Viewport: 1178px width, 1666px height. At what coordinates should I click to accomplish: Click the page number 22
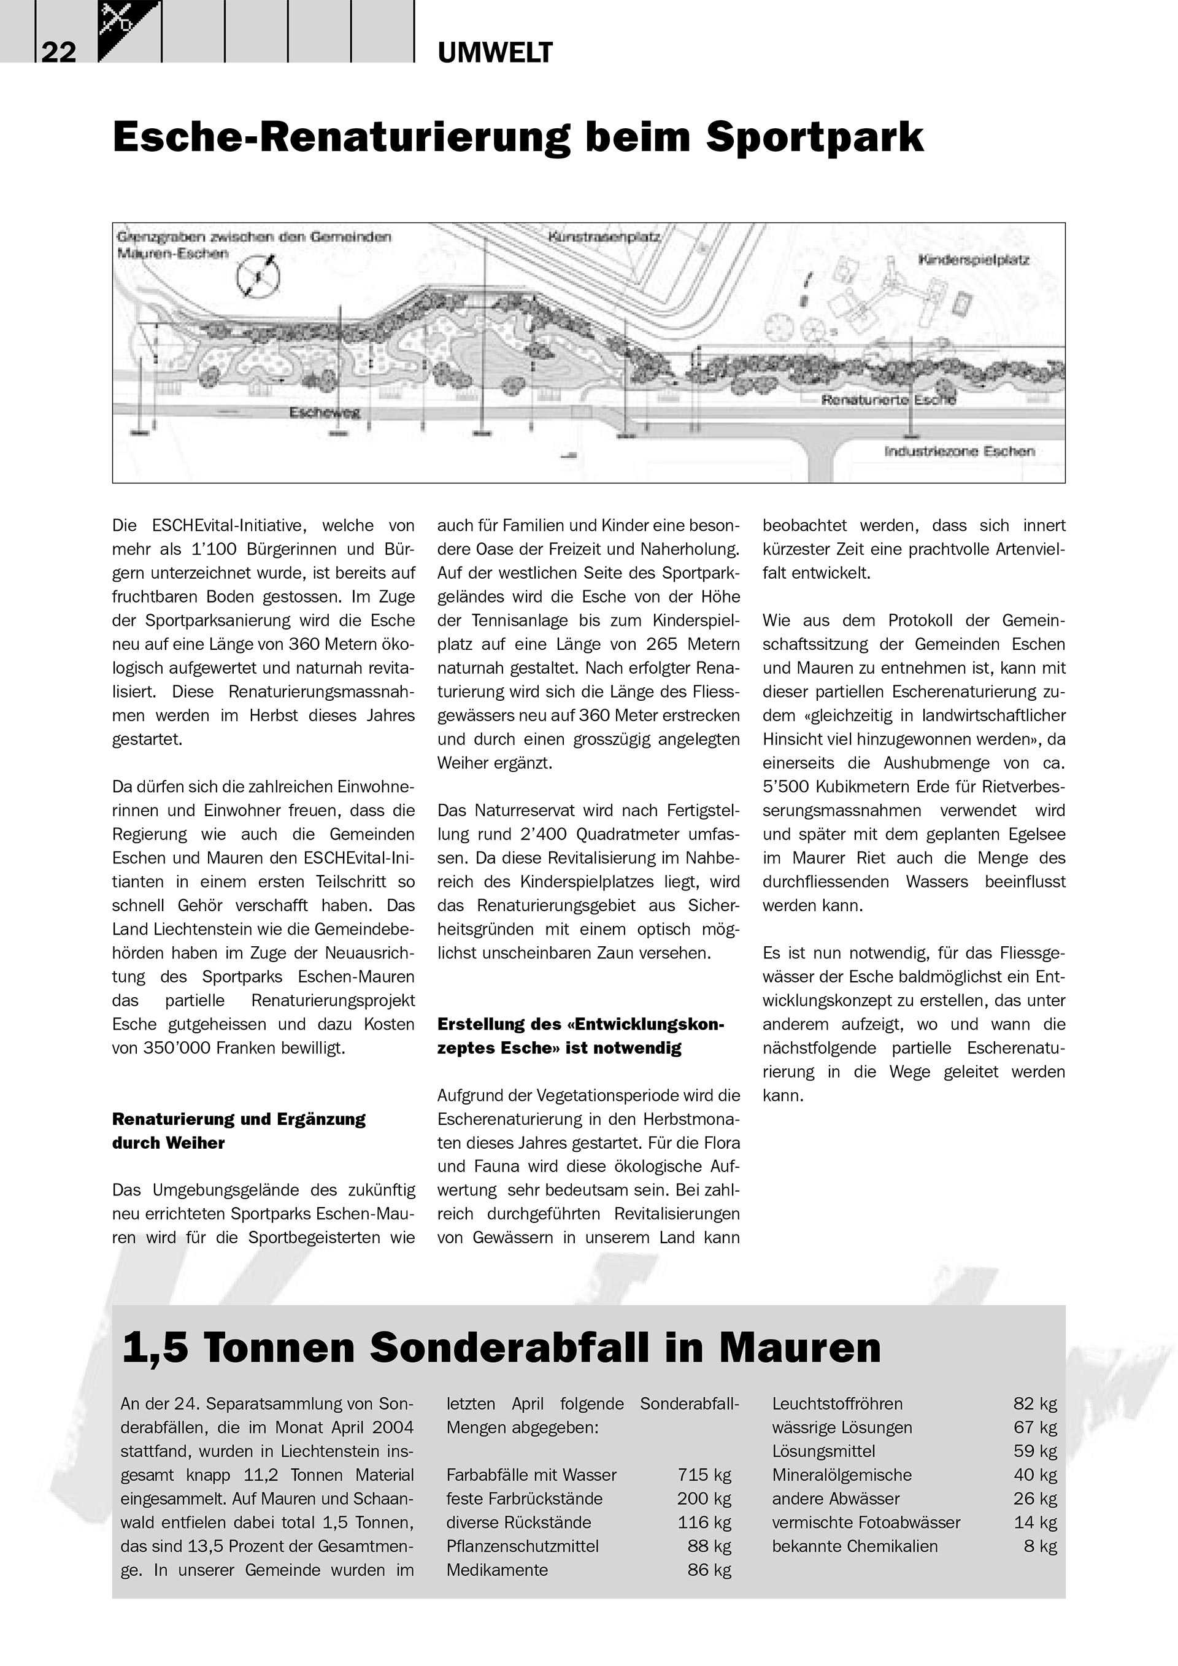pos(58,52)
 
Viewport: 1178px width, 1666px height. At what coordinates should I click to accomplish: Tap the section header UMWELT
pos(495,53)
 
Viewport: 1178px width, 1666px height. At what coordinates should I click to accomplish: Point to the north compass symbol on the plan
pos(258,277)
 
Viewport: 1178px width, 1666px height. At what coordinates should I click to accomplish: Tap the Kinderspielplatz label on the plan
pos(974,259)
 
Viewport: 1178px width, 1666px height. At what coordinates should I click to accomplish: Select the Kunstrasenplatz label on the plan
pos(604,236)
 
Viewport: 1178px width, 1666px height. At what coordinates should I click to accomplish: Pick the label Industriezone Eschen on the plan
pos(959,452)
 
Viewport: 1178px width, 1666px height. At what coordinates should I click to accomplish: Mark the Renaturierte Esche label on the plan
pos(888,400)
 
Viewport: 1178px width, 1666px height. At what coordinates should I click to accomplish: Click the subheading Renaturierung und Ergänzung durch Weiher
pos(239,1130)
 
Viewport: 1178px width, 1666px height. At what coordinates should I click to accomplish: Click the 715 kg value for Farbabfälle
pos(704,1475)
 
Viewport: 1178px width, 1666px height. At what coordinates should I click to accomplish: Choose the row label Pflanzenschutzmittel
pos(522,1546)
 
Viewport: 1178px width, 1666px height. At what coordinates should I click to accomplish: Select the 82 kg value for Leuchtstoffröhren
pos(1034,1404)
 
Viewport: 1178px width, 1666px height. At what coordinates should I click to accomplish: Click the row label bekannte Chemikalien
pos(855,1546)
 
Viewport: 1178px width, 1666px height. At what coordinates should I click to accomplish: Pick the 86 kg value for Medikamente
pos(709,1570)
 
